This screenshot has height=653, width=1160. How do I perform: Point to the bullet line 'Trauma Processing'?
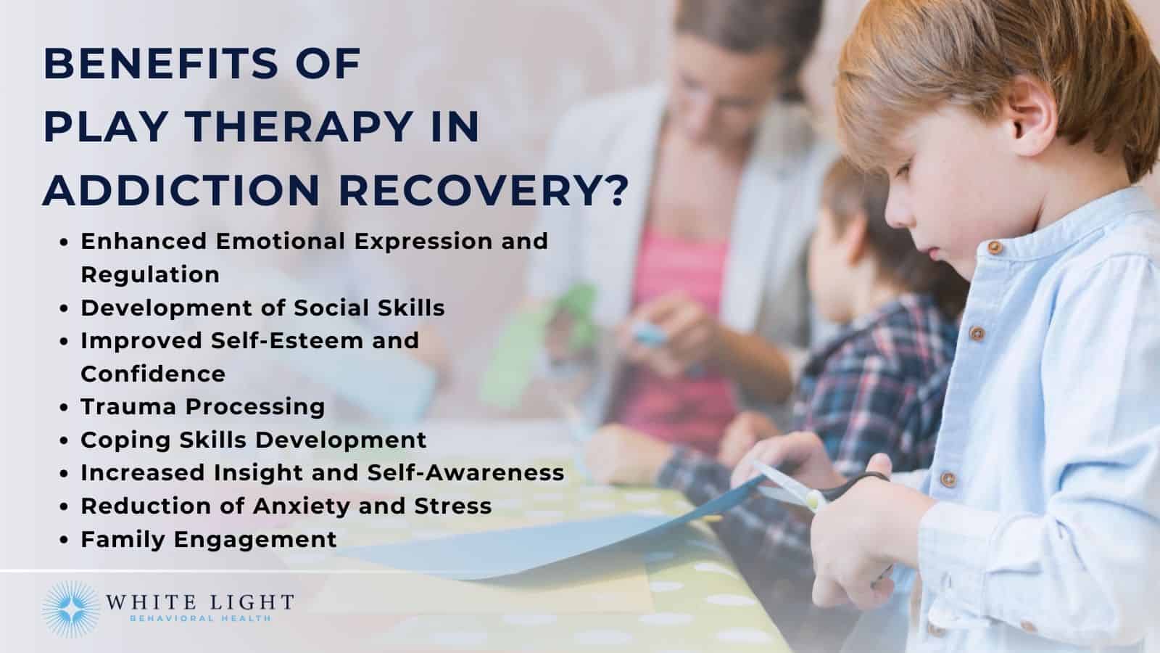(202, 406)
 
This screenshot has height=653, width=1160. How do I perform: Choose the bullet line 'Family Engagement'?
(208, 539)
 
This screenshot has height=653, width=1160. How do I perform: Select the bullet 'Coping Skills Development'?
(253, 440)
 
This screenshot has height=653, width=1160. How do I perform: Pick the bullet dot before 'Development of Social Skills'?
(66, 309)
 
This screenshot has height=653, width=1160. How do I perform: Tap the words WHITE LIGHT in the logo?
(199, 602)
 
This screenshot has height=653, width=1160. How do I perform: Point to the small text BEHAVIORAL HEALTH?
(199, 619)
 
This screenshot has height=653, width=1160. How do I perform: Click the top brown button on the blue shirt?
(995, 247)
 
